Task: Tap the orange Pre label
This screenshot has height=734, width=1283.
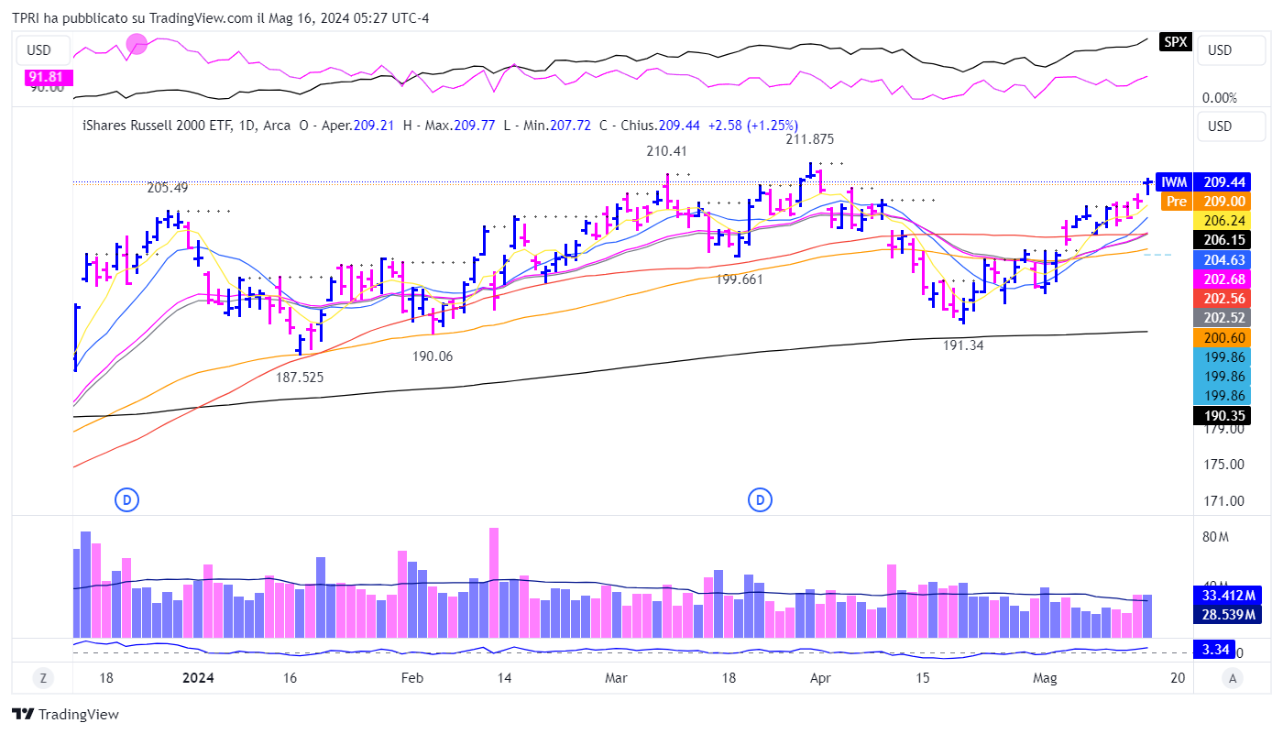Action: [1175, 202]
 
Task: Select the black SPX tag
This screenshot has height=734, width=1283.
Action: [1175, 42]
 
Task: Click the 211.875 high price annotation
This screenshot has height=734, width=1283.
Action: [809, 139]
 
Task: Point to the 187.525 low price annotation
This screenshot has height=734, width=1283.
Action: [300, 377]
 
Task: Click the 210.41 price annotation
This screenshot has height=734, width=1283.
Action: [666, 151]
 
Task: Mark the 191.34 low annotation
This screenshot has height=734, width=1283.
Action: [963, 345]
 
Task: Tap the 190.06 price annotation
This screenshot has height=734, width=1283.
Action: [433, 356]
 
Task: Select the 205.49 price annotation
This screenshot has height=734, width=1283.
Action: [167, 188]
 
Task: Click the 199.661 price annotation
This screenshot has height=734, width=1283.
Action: [740, 279]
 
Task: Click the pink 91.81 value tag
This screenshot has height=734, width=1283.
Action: [45, 77]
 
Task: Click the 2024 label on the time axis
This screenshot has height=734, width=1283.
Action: [198, 678]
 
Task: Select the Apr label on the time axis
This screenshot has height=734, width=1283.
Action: [820, 678]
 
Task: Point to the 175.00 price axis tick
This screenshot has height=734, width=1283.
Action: [1223, 464]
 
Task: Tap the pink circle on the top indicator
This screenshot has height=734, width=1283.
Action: [137, 43]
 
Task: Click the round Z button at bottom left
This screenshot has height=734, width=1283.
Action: [42, 678]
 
